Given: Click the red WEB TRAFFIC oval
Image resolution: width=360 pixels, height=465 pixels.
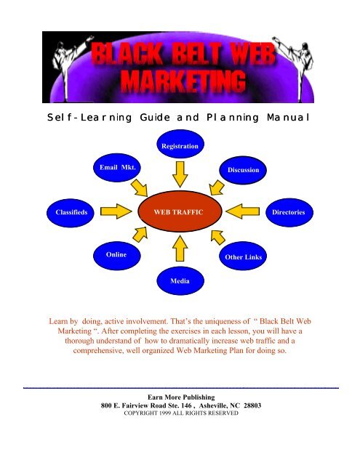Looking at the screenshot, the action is point(180,211).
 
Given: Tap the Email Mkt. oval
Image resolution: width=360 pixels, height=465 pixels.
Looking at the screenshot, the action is point(117,167).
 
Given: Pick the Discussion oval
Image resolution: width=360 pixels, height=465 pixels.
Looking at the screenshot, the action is point(243,170).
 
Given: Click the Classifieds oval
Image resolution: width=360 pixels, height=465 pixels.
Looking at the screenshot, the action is point(71,213).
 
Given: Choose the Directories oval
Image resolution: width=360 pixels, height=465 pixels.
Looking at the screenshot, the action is point(289,212).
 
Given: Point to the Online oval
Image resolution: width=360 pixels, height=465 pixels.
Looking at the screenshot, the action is point(117,256).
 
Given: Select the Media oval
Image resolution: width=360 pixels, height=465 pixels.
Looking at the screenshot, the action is point(180,280).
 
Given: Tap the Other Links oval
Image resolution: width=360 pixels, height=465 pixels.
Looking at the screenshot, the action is point(243,256).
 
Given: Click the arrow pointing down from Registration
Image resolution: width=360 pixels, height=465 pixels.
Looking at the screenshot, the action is point(180,174).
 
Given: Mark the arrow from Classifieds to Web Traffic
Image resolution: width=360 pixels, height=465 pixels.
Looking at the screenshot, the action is point(116,211).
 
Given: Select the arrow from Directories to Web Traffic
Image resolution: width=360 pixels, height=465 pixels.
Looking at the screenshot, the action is point(242,211).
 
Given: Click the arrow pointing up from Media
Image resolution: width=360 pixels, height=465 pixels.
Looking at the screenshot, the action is point(180,248).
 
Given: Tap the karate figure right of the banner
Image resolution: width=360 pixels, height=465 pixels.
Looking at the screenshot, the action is point(294,66).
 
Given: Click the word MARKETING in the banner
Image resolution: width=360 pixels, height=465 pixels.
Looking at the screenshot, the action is point(183,81).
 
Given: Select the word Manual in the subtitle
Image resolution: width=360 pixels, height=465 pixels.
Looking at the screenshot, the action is point(288,118).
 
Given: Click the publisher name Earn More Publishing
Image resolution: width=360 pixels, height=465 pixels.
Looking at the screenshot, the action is point(181,397).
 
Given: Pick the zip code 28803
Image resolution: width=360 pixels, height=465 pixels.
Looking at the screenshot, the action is point(252,405).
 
